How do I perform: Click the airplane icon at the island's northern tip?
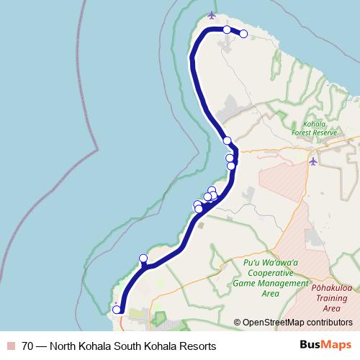[x=211, y=14]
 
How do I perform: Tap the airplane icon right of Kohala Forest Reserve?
[x=312, y=161]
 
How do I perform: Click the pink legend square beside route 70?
[x=12, y=346]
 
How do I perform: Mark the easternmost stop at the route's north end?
[x=243, y=34]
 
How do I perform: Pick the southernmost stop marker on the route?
[x=116, y=310]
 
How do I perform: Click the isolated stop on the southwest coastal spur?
[x=143, y=258]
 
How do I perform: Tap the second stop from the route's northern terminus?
[x=227, y=30]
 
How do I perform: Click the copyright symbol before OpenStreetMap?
[x=237, y=322]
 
